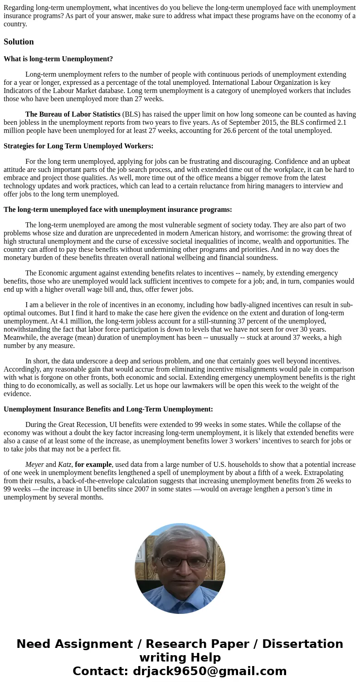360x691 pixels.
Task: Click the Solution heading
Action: coord(19,42)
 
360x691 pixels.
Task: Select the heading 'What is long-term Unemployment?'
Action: coord(58,59)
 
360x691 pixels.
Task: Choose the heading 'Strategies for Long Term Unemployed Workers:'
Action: coord(78,146)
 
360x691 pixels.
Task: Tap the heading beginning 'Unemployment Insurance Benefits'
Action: coord(108,409)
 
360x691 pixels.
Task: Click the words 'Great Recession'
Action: coord(82,425)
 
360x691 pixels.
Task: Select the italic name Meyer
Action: coord(34,465)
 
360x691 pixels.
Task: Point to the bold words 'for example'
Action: coord(93,465)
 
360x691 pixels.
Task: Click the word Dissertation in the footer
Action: coord(302,644)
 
